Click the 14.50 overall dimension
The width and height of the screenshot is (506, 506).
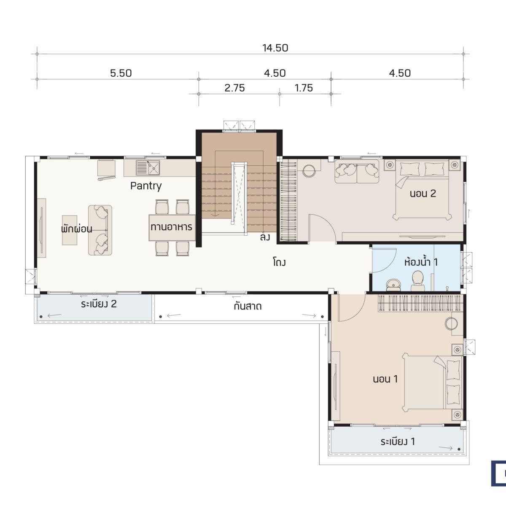[x=275, y=48]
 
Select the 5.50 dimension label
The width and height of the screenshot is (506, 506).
[x=121, y=73]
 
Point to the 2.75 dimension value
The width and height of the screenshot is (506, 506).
[x=234, y=88]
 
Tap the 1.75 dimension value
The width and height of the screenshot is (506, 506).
[x=304, y=88]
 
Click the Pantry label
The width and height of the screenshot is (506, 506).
[x=146, y=186]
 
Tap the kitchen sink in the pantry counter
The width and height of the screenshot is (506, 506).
[x=148, y=168]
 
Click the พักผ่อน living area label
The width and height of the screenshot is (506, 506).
[x=77, y=229]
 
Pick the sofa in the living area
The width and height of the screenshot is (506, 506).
[x=100, y=230]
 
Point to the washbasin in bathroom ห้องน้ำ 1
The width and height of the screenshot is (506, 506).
[x=393, y=285]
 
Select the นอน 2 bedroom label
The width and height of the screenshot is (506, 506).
[x=423, y=194]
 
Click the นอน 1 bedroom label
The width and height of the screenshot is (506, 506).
[x=385, y=379]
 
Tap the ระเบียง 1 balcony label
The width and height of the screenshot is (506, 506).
[x=398, y=441]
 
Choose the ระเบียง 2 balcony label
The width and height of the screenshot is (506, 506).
[x=99, y=304]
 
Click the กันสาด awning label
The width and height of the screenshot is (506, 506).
[x=248, y=306]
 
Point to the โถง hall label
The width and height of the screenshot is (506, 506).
[x=279, y=262]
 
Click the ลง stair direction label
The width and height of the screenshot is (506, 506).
[x=265, y=237]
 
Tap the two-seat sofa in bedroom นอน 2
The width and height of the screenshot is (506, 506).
[x=357, y=172]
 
